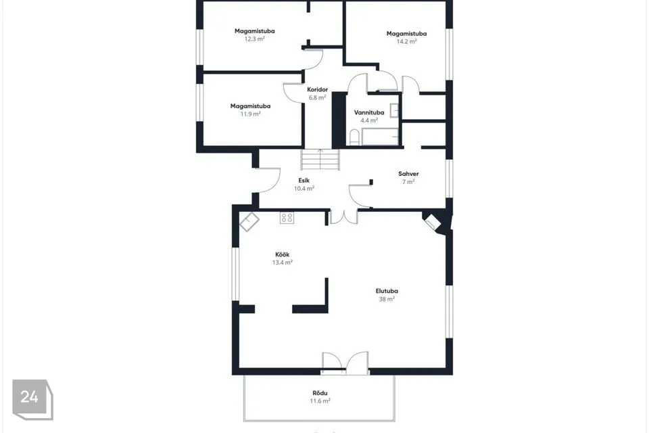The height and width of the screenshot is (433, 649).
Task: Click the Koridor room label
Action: pyautogui.click(x=318, y=89)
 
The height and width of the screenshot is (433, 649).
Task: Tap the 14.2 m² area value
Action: pyautogui.click(x=406, y=41)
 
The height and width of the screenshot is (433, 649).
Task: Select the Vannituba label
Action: pyautogui.click(x=369, y=112)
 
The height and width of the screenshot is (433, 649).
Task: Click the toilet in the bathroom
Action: pyautogui.click(x=354, y=137)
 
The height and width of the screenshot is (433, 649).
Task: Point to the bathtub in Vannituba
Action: pyautogui.click(x=380, y=137)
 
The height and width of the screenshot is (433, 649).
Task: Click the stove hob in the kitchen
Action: pyautogui.click(x=287, y=218)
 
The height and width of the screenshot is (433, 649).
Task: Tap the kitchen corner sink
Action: pyautogui.click(x=249, y=222)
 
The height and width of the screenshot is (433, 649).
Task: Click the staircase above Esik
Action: pyautogui.click(x=320, y=160)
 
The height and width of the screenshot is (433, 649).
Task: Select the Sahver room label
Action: pyautogui.click(x=408, y=174)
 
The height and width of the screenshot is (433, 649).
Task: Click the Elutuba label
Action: pyautogui.click(x=387, y=291)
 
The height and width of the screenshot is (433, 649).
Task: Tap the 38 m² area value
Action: pyautogui.click(x=387, y=299)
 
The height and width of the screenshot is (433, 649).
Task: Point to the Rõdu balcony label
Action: pyautogui.click(x=320, y=393)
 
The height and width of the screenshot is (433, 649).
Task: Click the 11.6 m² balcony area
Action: pyautogui.click(x=320, y=401)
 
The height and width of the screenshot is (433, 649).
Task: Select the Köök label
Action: pyautogui.click(x=283, y=254)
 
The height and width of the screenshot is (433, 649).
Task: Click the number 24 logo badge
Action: pyautogui.click(x=32, y=399)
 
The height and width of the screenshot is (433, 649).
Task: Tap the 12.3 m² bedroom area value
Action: pyautogui.click(x=254, y=39)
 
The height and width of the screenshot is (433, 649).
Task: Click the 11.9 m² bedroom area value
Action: pyautogui.click(x=250, y=114)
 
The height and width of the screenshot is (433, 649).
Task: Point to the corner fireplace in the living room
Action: pyautogui.click(x=433, y=223)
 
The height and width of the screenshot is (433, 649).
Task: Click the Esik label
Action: pyautogui.click(x=304, y=181)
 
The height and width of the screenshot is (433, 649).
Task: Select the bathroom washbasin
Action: pyautogui.click(x=394, y=110)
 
